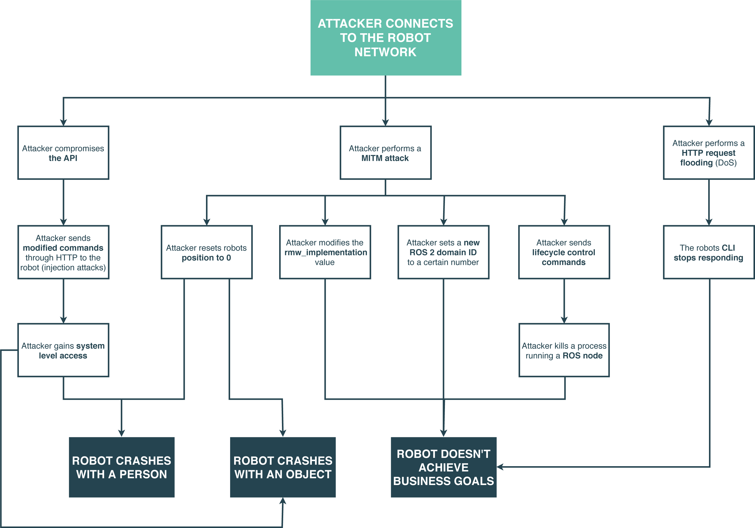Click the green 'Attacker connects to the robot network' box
[x=385, y=38]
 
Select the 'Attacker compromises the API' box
[x=63, y=153]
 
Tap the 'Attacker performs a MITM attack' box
[x=385, y=153]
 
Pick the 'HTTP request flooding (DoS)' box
[x=708, y=153]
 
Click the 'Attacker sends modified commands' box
[x=63, y=252]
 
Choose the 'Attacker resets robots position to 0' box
[x=206, y=252]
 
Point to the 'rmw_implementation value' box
[x=325, y=252]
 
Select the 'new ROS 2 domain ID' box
[x=443, y=252]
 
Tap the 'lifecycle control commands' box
[x=564, y=252]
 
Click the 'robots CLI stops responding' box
[x=708, y=252]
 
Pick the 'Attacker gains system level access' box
[x=63, y=350]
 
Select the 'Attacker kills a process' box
[x=564, y=350]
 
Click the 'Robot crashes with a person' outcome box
[x=122, y=467]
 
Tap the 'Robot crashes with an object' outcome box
[x=283, y=467]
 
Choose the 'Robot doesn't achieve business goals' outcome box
[x=443, y=467]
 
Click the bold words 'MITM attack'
[x=385, y=158]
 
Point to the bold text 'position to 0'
[x=206, y=258]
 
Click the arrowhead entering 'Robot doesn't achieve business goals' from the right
[x=500, y=467]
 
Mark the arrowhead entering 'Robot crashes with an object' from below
[x=283, y=501]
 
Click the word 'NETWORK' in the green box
[x=385, y=52]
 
